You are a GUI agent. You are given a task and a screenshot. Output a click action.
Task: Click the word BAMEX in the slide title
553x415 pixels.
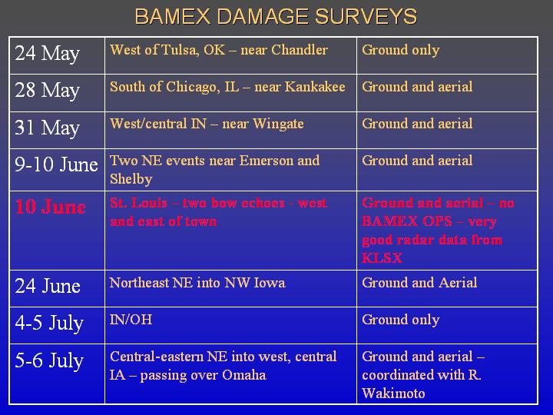click(173, 17)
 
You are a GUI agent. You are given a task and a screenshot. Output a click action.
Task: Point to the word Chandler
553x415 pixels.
click(300, 50)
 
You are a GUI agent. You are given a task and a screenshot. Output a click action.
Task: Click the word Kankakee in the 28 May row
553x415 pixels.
click(315, 87)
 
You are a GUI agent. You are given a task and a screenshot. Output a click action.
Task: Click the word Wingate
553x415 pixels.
click(278, 124)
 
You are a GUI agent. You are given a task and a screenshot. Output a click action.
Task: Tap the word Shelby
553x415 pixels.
click(131, 179)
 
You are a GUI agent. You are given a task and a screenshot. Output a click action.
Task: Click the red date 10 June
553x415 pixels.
click(51, 207)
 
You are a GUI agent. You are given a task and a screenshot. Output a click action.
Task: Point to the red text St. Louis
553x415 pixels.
click(138, 203)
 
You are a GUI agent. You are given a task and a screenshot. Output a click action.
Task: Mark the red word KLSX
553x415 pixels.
click(382, 258)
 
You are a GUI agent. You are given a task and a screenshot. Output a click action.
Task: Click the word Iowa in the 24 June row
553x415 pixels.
click(270, 283)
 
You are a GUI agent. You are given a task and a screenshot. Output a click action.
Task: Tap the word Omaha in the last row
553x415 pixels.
click(244, 375)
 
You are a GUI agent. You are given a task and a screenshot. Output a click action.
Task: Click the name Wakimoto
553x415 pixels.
click(393, 393)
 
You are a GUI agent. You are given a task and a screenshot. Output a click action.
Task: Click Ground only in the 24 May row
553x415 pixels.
click(401, 51)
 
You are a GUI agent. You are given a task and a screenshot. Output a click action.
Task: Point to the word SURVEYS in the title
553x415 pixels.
click(366, 17)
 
